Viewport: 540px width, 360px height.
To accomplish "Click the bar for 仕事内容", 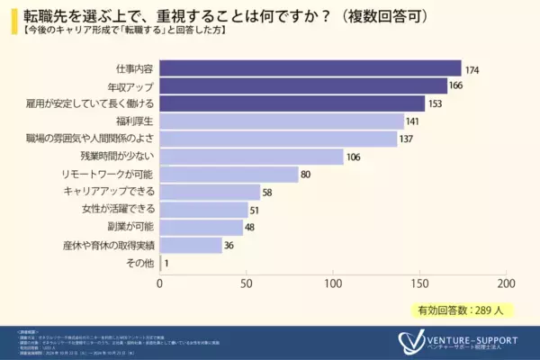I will tap(310, 68).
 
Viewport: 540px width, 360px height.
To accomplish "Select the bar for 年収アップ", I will tap(303, 86).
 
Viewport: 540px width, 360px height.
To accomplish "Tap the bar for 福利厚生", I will tap(282, 121).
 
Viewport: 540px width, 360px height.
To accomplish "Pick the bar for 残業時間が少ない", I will tap(252, 157).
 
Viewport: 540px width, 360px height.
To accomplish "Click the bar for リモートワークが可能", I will tap(229, 175).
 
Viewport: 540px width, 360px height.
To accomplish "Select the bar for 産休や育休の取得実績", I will tap(191, 245).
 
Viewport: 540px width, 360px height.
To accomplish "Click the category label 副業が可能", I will tap(130, 228).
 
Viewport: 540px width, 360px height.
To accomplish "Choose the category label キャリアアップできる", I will tap(110, 193).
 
